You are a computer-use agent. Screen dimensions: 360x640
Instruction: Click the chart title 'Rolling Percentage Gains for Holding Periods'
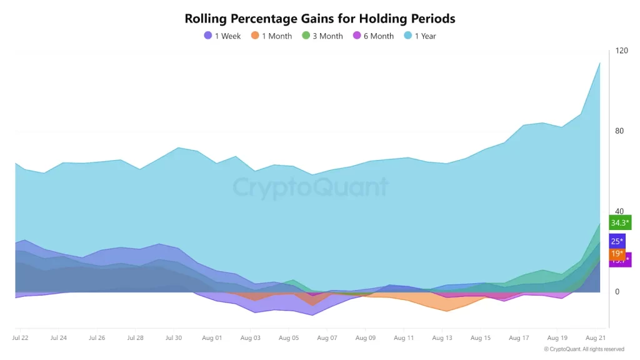tap(320, 19)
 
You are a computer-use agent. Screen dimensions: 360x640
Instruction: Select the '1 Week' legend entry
tap(222, 36)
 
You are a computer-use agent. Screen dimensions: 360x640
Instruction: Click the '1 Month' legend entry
tap(271, 36)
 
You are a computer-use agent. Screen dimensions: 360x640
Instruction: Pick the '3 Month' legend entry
tap(322, 36)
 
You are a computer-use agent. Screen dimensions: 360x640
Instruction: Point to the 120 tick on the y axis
tap(621, 51)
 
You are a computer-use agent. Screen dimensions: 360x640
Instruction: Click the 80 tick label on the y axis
tap(619, 131)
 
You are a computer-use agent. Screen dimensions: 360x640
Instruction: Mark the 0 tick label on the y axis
tap(617, 292)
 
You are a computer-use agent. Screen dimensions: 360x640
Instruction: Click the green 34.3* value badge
tap(620, 223)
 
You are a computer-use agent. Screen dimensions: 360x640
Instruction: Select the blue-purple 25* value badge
tap(617, 241)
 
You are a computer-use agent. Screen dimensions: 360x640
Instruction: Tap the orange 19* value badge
tap(617, 254)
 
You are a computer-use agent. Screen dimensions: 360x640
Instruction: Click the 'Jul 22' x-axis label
tap(20, 338)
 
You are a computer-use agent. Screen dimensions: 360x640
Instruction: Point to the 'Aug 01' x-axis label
tap(212, 338)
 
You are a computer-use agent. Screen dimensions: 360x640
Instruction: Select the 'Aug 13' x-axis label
tap(442, 338)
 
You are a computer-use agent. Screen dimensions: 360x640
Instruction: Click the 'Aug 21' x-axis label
tap(596, 338)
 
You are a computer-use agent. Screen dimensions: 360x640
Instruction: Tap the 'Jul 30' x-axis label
tap(174, 338)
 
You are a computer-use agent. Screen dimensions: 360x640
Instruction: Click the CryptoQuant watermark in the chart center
tap(311, 187)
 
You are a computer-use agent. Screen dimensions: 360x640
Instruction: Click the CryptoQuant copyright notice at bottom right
tap(584, 349)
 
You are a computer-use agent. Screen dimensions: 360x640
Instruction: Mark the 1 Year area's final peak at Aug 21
tap(600, 62)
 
